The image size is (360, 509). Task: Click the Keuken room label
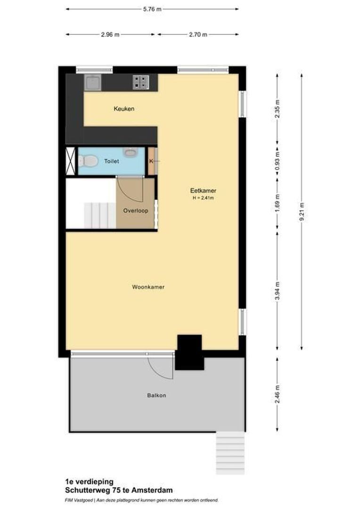124,109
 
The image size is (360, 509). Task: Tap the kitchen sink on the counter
92,82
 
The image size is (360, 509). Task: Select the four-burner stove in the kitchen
140,82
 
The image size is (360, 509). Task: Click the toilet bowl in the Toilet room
88,161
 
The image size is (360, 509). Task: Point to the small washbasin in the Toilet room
130,152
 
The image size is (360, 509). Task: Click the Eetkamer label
203,191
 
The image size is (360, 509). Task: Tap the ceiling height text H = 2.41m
203,198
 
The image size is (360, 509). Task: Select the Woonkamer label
148,287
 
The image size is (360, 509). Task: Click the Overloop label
136,211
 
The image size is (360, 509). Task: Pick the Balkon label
156,395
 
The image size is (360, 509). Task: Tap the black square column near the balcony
189,352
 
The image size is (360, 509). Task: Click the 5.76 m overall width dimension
152,8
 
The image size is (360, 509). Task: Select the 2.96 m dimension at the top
110,34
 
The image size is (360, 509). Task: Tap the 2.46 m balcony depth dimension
277,394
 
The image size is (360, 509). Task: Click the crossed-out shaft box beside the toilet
70,161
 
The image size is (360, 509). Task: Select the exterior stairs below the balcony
230,453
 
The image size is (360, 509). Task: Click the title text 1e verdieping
89,482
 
